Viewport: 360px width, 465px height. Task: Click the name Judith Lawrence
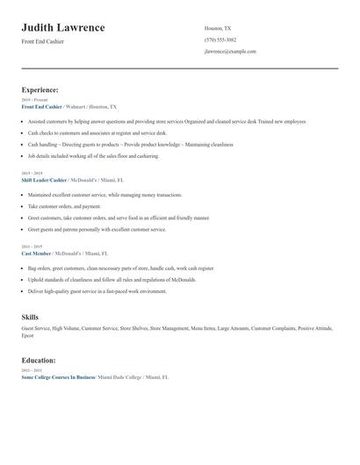point(63,28)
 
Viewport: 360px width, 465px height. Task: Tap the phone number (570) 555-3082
point(220,39)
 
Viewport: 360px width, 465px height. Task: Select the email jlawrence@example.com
point(230,52)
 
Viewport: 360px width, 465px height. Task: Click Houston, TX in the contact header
point(218,28)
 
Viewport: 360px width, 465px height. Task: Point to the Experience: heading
point(40,89)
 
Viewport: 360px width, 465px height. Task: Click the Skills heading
point(30,316)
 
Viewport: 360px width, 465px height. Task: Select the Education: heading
point(39,360)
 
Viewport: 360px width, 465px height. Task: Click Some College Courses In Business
point(58,376)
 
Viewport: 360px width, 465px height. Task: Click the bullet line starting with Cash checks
point(88,132)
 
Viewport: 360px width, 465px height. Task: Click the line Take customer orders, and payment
point(70,206)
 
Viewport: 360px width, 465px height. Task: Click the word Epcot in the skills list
point(28,335)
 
